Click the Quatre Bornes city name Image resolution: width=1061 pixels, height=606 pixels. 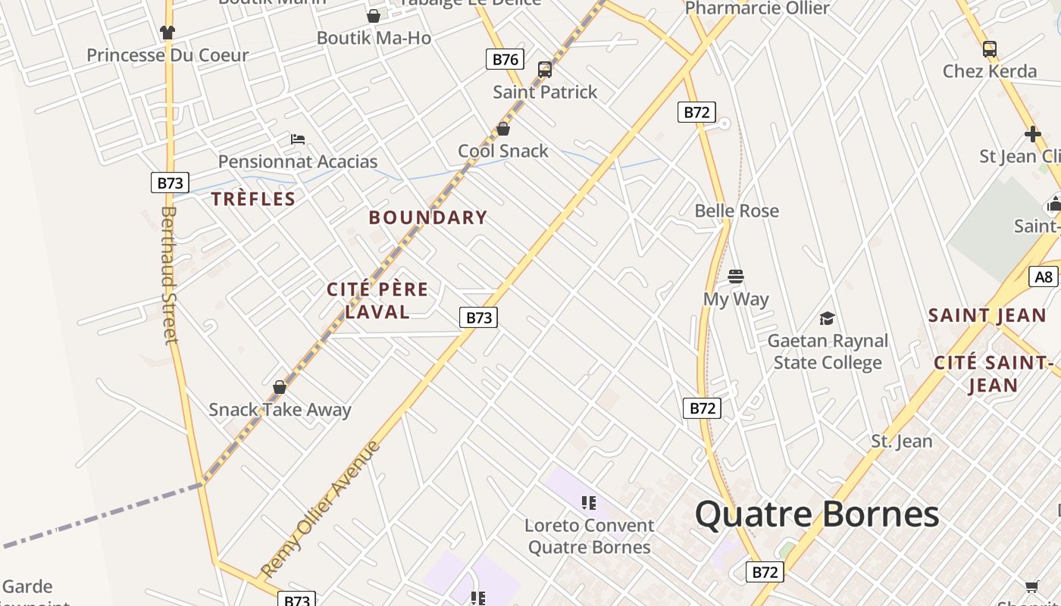[817, 514]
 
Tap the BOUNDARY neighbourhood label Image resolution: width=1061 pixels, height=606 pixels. [428, 217]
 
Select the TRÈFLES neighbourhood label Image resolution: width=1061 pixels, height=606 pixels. [253, 199]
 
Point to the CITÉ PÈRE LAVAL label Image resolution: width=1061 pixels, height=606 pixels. [377, 300]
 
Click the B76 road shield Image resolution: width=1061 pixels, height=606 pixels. [505, 59]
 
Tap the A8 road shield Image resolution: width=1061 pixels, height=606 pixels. [1044, 276]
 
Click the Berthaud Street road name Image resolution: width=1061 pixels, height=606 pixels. [168, 275]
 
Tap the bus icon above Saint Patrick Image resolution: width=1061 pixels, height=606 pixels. [544, 70]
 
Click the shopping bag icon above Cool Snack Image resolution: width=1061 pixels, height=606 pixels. [502, 130]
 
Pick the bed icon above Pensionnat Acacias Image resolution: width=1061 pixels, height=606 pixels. [298, 139]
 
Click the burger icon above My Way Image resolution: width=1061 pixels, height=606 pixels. [735, 276]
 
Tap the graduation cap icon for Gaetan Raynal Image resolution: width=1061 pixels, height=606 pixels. [827, 319]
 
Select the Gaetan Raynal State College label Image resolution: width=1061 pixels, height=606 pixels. [828, 352]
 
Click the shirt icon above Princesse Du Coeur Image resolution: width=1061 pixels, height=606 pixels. [167, 33]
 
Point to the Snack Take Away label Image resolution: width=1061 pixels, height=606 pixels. [280, 410]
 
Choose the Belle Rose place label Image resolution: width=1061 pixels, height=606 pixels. [737, 211]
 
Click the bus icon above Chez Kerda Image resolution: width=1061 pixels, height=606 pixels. [989, 49]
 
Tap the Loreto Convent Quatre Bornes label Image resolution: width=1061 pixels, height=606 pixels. [589, 536]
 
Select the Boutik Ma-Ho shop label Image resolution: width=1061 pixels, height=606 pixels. [374, 38]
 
